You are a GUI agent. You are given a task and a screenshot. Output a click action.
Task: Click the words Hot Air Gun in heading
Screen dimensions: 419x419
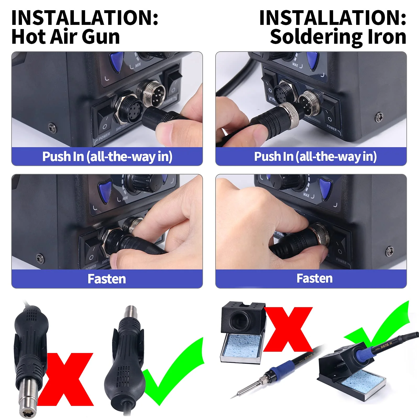point(65,37)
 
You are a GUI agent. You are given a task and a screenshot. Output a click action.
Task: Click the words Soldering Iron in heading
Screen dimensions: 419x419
point(338,37)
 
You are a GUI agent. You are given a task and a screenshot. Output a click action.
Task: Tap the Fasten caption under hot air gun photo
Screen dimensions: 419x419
point(107,279)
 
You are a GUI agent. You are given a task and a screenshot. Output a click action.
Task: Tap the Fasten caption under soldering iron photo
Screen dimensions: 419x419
point(314,278)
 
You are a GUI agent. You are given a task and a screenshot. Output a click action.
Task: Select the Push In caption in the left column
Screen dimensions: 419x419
point(107,157)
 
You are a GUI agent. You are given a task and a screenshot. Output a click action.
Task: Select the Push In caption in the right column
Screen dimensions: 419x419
point(315,157)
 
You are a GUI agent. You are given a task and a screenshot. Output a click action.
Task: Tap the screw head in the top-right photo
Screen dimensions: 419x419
point(379,117)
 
